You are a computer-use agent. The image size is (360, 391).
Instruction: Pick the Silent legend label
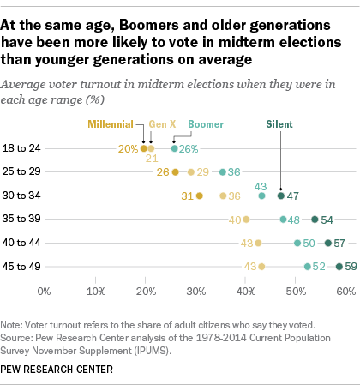[279, 124]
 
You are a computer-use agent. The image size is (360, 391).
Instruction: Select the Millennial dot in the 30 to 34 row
[199, 195]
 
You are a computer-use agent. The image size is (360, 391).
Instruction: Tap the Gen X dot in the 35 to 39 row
[246, 220]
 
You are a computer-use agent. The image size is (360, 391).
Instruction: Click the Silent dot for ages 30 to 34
[280, 195]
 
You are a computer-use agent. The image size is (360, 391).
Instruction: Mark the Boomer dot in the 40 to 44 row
[297, 243]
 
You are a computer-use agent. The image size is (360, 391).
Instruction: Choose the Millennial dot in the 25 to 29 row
[175, 172]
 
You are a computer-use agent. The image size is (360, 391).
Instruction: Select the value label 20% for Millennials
[129, 148]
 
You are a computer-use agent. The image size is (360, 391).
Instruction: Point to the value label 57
[340, 243]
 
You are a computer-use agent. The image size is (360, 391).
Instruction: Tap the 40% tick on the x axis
[245, 292]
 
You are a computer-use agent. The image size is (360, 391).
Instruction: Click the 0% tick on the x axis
[44, 292]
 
